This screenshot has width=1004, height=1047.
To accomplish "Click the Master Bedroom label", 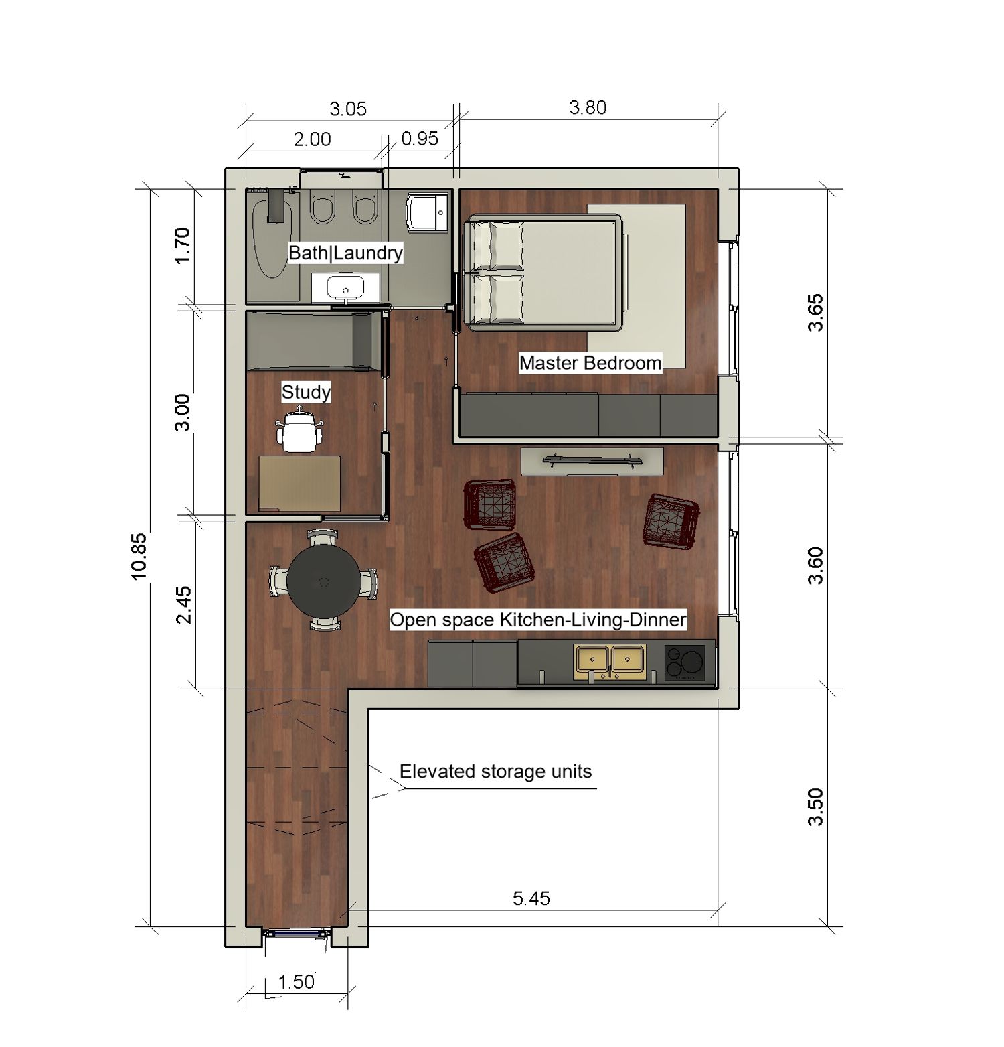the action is tap(590, 363).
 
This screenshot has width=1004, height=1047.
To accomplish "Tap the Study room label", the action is tap(306, 392).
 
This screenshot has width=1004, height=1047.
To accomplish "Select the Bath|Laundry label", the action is tap(345, 253).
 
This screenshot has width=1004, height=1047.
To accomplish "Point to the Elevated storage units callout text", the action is tap(495, 772).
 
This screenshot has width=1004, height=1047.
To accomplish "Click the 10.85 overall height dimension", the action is tap(139, 555).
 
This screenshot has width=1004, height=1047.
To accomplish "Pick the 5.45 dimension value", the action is tap(531, 898).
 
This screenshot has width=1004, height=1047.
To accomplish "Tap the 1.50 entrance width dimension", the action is tap(296, 982).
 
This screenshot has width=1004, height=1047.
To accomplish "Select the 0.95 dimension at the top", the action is tap(420, 139).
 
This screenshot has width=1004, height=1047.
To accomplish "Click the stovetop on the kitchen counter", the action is tap(685, 662).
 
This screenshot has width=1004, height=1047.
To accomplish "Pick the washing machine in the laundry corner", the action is tap(427, 212).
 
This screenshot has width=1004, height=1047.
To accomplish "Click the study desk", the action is tap(299, 483).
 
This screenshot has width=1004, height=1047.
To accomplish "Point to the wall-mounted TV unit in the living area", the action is tap(592, 461).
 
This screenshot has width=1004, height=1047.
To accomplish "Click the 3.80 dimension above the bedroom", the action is tap(588, 107).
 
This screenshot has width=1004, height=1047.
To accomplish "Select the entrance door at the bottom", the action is tap(297, 933).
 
